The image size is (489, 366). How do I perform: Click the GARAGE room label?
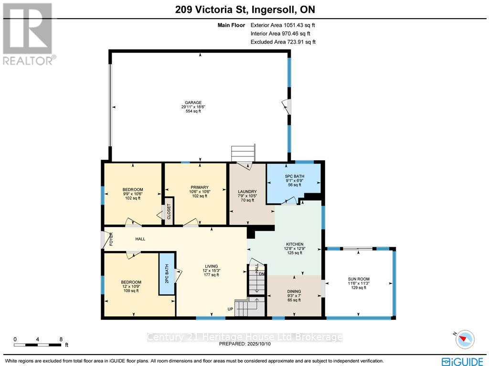[x=193, y=102]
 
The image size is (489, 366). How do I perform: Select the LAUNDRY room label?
[x=247, y=192]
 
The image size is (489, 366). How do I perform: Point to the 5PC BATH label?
[x=293, y=176]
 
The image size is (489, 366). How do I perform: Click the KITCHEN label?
[x=295, y=244]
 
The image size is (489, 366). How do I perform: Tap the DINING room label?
[x=294, y=291]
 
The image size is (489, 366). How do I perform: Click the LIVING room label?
[x=211, y=266]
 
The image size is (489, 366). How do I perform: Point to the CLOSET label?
[x=169, y=211]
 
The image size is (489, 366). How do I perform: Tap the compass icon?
[x=464, y=339]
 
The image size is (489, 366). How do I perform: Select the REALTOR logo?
[x=29, y=34]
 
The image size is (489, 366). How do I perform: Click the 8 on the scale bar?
[x=61, y=339]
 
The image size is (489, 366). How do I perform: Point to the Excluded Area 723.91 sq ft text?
[x=283, y=42]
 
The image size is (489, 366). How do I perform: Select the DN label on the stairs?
[x=261, y=274]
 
